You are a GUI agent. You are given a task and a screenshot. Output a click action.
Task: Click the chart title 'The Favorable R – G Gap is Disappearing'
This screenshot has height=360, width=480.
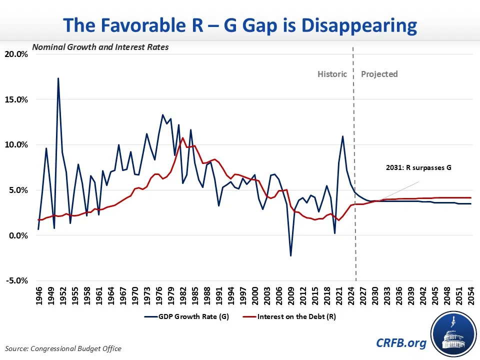240,25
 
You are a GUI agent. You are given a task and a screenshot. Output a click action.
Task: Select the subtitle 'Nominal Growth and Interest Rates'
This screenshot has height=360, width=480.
100,47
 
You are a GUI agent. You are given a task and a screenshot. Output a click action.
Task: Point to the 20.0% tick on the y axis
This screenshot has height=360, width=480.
16,54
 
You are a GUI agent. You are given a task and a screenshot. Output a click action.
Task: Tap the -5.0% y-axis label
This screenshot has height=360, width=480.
17,280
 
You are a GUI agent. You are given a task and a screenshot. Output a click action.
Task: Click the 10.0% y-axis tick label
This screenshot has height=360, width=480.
16,144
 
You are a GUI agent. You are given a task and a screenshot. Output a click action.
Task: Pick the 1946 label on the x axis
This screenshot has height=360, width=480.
39,295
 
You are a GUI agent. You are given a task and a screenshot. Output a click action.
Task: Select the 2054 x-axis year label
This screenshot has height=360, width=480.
471,295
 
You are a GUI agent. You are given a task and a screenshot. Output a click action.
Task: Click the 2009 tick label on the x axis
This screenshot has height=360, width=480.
291,295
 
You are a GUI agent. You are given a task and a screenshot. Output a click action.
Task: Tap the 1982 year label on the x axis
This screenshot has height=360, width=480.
183,295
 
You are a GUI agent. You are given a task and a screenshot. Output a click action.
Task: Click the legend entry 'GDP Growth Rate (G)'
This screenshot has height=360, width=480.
186,316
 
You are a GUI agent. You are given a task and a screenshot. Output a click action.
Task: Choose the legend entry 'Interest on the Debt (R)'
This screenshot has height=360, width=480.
289,316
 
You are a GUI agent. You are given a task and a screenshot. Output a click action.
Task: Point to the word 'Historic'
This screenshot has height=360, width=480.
332,74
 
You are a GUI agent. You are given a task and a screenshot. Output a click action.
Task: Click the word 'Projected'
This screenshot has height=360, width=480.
379,74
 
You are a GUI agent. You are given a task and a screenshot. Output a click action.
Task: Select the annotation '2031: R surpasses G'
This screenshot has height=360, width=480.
418,167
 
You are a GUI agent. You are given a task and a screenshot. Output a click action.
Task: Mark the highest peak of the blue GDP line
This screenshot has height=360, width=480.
58,78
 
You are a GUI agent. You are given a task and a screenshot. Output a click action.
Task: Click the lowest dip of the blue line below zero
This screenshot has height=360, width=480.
290,255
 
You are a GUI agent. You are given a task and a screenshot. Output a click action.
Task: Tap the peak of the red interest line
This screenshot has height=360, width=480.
183,138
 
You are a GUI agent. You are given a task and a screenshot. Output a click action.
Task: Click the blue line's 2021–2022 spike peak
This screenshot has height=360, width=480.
342,136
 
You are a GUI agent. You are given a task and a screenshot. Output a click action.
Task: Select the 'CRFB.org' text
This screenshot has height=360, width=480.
401,343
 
